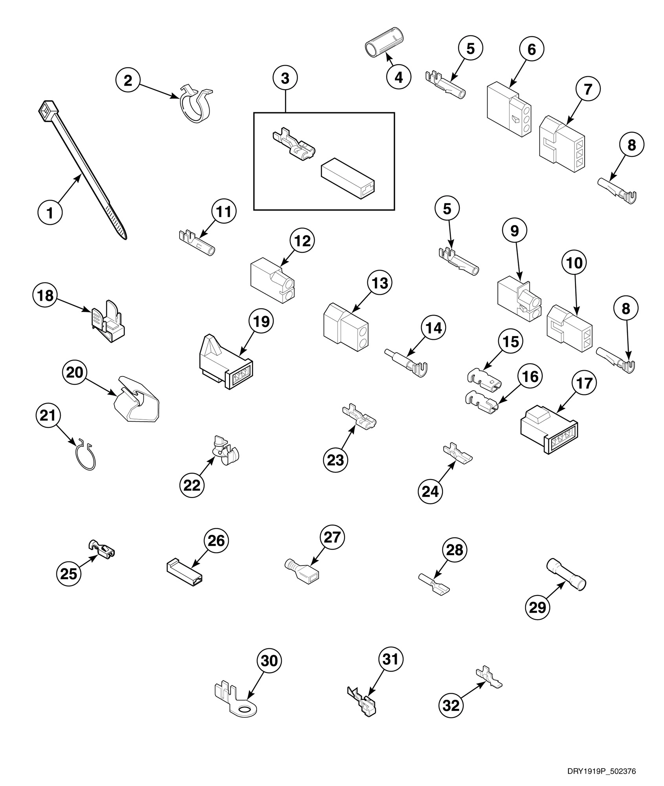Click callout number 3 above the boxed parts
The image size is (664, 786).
285,78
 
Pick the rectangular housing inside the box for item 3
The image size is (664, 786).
348,178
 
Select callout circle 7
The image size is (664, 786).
587,89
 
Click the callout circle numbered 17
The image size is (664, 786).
584,382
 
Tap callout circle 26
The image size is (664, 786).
216,540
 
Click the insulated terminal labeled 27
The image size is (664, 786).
302,572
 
